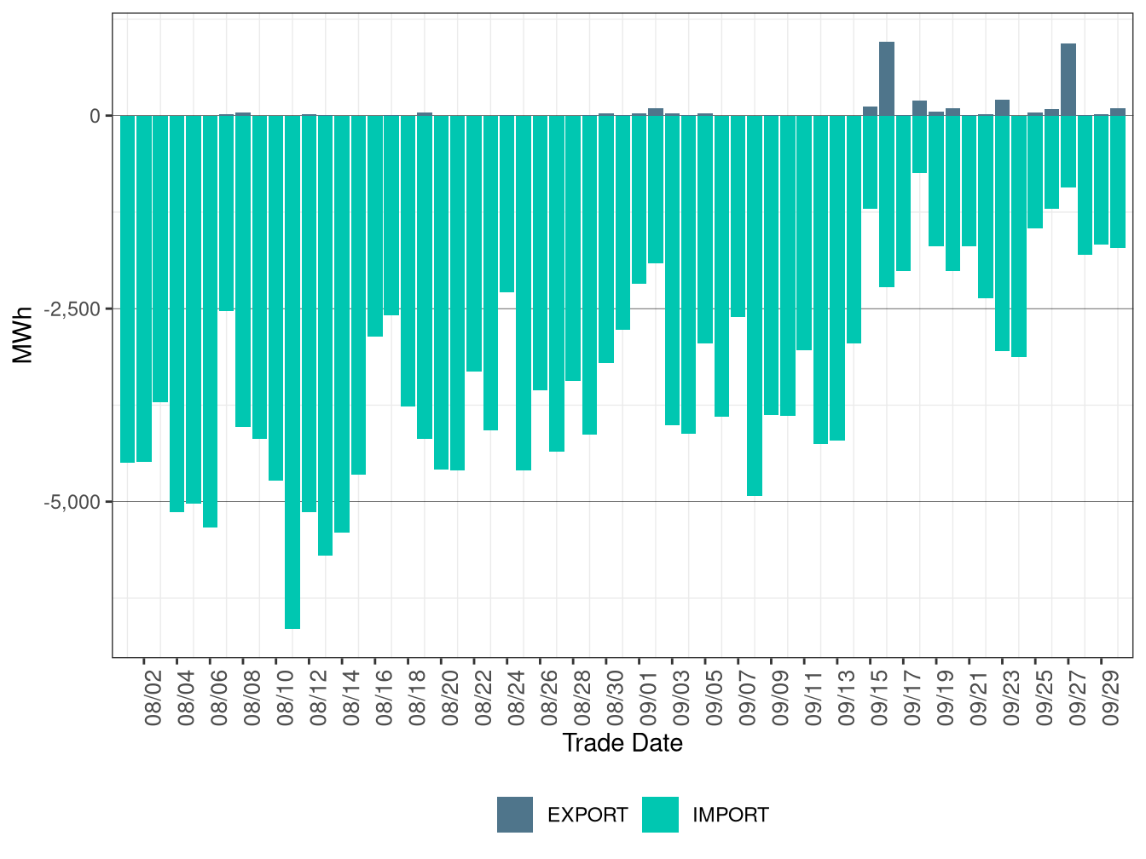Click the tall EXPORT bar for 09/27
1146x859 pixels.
(x=1068, y=79)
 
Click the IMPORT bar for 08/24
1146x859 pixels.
(x=507, y=204)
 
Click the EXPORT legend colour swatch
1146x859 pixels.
(x=515, y=815)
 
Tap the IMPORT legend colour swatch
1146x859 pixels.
(x=660, y=815)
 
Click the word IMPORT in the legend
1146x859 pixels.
(x=730, y=816)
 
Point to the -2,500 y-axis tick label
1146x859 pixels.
(x=72, y=308)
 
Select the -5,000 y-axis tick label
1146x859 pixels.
(x=72, y=502)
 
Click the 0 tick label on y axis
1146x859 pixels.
(x=95, y=116)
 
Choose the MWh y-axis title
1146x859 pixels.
(x=23, y=335)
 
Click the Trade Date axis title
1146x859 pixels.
(x=622, y=743)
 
